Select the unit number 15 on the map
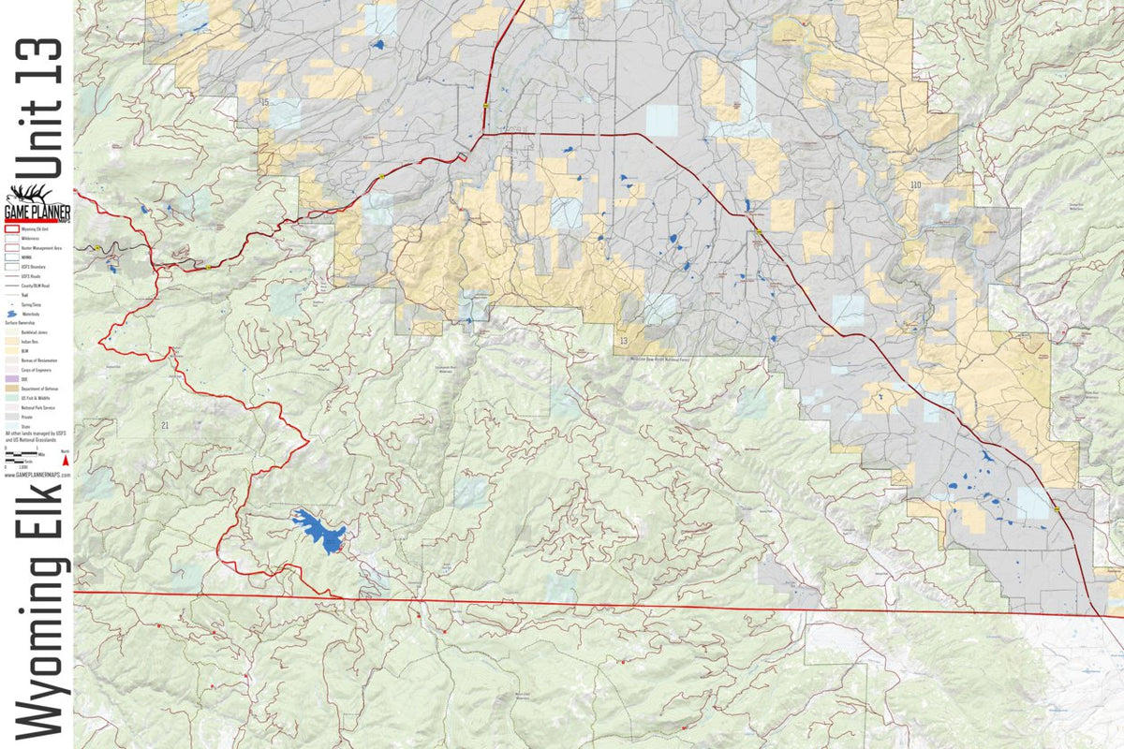(265, 101)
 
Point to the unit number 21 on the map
(165, 426)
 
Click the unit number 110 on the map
(914, 185)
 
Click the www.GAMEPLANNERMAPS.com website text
(37, 475)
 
